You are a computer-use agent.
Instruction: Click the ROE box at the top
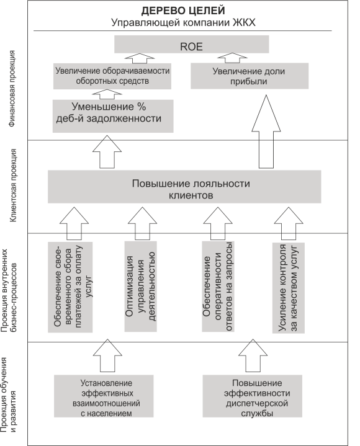pyautogui.click(x=192, y=44)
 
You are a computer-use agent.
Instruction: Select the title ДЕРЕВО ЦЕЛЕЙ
pyautogui.click(x=183, y=11)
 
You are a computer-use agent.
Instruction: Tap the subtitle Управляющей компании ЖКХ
pyautogui.click(x=183, y=22)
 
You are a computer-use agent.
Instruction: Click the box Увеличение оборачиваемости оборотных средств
pyautogui.click(x=112, y=76)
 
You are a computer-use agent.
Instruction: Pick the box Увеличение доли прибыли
pyautogui.click(x=250, y=76)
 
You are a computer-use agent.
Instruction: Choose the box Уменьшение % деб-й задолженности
pyautogui.click(x=113, y=116)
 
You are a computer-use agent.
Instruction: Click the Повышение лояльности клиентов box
pyautogui.click(x=184, y=187)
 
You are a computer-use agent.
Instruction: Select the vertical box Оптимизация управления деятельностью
pyautogui.click(x=140, y=287)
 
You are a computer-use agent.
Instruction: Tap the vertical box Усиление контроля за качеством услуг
pyautogui.click(x=288, y=288)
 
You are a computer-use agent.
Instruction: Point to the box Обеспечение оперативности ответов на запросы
pyautogui.click(x=218, y=287)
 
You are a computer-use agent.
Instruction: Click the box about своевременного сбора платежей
pyautogui.click(x=70, y=287)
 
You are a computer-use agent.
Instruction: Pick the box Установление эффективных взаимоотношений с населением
pyautogui.click(x=104, y=396)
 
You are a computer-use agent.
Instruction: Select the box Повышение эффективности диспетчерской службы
pyautogui.click(x=253, y=396)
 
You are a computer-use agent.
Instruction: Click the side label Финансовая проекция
pyautogui.click(x=12, y=89)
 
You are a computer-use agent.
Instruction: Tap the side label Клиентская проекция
pyautogui.click(x=14, y=185)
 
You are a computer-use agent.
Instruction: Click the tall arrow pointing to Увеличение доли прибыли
pyautogui.click(x=266, y=132)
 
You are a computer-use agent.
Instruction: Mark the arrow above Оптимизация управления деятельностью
pyautogui.click(x=142, y=223)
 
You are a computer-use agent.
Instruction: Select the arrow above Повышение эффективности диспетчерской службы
pyautogui.click(x=253, y=355)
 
